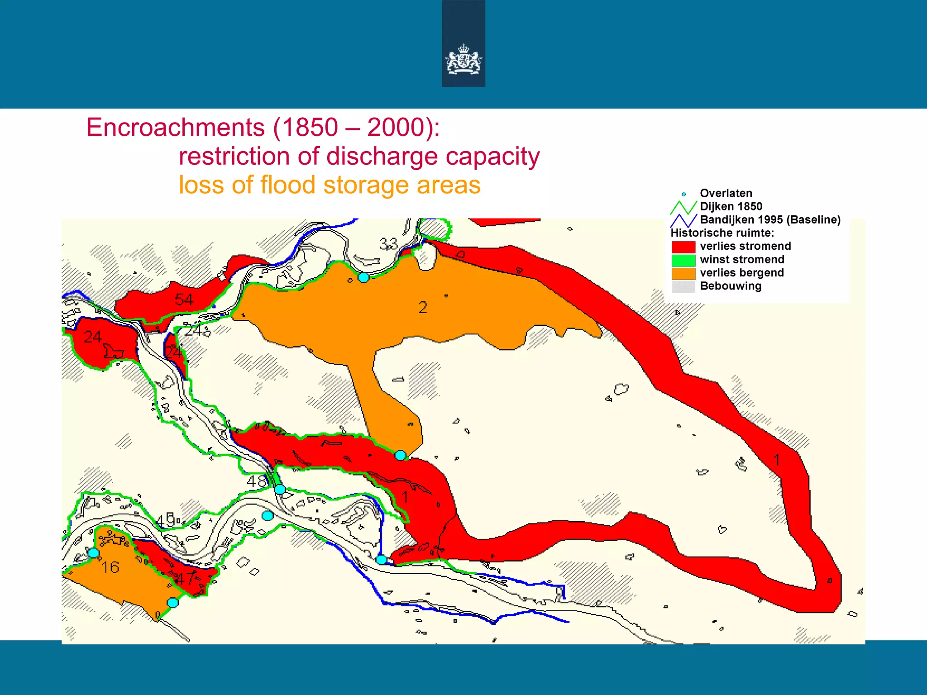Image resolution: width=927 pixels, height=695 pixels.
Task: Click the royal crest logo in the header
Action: (463, 59)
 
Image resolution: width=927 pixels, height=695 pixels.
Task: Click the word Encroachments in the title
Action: (176, 127)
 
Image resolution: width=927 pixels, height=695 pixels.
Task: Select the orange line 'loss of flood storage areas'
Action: (330, 185)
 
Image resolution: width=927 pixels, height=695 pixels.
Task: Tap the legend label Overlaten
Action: (726, 193)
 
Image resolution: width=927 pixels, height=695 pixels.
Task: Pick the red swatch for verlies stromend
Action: (683, 247)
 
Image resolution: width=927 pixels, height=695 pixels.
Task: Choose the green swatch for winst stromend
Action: (683, 260)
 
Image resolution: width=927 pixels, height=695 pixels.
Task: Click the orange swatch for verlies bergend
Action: (683, 273)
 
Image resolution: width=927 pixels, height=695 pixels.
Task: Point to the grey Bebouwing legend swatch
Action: (683, 286)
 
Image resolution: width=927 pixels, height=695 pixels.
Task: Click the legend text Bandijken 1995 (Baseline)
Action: (770, 220)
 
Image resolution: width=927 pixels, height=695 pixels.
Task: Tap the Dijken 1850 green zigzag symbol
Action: (683, 207)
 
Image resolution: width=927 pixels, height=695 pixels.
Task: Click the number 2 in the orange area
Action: (423, 308)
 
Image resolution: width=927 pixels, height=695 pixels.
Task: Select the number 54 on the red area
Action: (184, 299)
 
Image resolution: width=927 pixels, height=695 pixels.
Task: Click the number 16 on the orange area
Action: (110, 567)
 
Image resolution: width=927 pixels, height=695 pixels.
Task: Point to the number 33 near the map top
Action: (388, 244)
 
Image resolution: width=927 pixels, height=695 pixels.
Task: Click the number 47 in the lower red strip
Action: (186, 578)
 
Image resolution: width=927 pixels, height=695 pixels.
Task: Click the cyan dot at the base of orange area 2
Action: (400, 455)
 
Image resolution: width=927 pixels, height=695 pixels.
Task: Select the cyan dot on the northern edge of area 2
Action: (363, 277)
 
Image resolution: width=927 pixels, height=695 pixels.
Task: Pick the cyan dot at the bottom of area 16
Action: (172, 603)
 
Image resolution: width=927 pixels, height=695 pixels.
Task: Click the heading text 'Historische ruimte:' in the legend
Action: (722, 233)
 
